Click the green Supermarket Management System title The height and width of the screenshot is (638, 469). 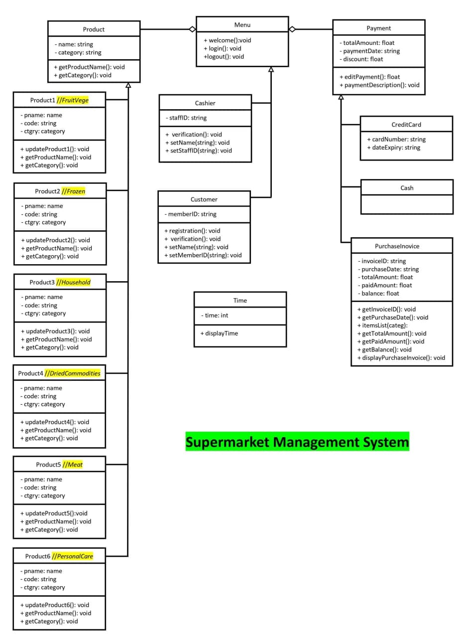pyautogui.click(x=297, y=442)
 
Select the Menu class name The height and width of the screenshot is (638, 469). pyautogui.click(x=242, y=25)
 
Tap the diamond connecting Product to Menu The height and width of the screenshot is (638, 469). pyautogui.click(x=192, y=29)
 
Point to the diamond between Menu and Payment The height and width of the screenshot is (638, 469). pyautogui.click(x=292, y=29)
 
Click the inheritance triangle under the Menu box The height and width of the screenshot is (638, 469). pyautogui.click(x=271, y=70)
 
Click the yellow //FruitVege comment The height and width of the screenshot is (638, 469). pyautogui.click(x=73, y=100)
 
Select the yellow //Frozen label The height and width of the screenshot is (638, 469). pyautogui.click(x=74, y=191)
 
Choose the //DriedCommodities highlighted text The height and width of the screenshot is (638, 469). pyautogui.click(x=73, y=373)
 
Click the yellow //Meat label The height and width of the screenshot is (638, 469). pyautogui.click(x=73, y=465)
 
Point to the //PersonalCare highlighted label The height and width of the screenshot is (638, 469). pyautogui.click(x=73, y=556)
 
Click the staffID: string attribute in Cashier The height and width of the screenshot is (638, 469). pyautogui.click(x=186, y=118)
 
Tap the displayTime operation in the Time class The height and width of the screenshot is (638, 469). pyautogui.click(x=219, y=333)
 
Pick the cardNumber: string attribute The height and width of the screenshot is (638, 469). pyautogui.click(x=396, y=140)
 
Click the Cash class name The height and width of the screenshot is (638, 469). pyautogui.click(x=407, y=188)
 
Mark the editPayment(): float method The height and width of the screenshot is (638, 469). pyautogui.click(x=369, y=77)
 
